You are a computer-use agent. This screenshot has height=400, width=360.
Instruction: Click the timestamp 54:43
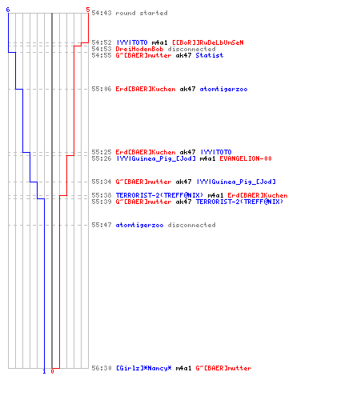pyautogui.click(x=102, y=13)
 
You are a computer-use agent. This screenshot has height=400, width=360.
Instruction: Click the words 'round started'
pyautogui.click(x=142, y=13)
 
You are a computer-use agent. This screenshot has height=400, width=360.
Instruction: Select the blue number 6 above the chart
pyautogui.click(x=8, y=10)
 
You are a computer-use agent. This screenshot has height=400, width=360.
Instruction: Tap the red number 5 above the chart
pyautogui.click(x=88, y=10)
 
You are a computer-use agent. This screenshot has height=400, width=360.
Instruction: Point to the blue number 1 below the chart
pyautogui.click(x=44, y=371)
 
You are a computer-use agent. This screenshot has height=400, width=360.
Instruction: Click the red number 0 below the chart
pyautogui.click(x=52, y=371)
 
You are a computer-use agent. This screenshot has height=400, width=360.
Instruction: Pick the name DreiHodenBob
pyautogui.click(x=139, y=49)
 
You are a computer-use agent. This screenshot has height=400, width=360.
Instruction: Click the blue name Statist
pyautogui.click(x=210, y=55)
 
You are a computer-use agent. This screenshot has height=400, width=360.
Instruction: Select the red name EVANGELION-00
pyautogui.click(x=246, y=158)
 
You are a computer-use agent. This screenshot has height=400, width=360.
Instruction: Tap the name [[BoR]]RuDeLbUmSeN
pyautogui.click(x=208, y=42)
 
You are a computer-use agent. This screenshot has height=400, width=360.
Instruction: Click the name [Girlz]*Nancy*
pyautogui.click(x=144, y=368)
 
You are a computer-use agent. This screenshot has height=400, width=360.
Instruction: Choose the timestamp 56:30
pyautogui.click(x=102, y=368)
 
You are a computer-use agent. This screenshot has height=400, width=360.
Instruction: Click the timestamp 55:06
pyautogui.click(x=102, y=89)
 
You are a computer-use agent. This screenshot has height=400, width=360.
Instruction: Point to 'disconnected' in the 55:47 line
pyautogui.click(x=191, y=225)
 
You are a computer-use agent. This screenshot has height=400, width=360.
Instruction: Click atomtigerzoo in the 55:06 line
pyautogui.click(x=223, y=89)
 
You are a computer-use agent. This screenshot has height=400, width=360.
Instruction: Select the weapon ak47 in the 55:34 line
pyautogui.click(x=183, y=182)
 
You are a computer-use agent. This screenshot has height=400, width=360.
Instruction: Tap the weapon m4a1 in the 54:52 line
pyautogui.click(x=159, y=42)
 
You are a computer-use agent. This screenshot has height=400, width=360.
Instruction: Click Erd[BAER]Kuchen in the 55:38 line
pyautogui.click(x=258, y=195)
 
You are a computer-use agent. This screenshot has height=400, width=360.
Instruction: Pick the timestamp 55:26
pyautogui.click(x=102, y=158)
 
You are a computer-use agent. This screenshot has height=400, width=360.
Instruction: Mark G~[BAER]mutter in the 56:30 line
pyautogui.click(x=223, y=368)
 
